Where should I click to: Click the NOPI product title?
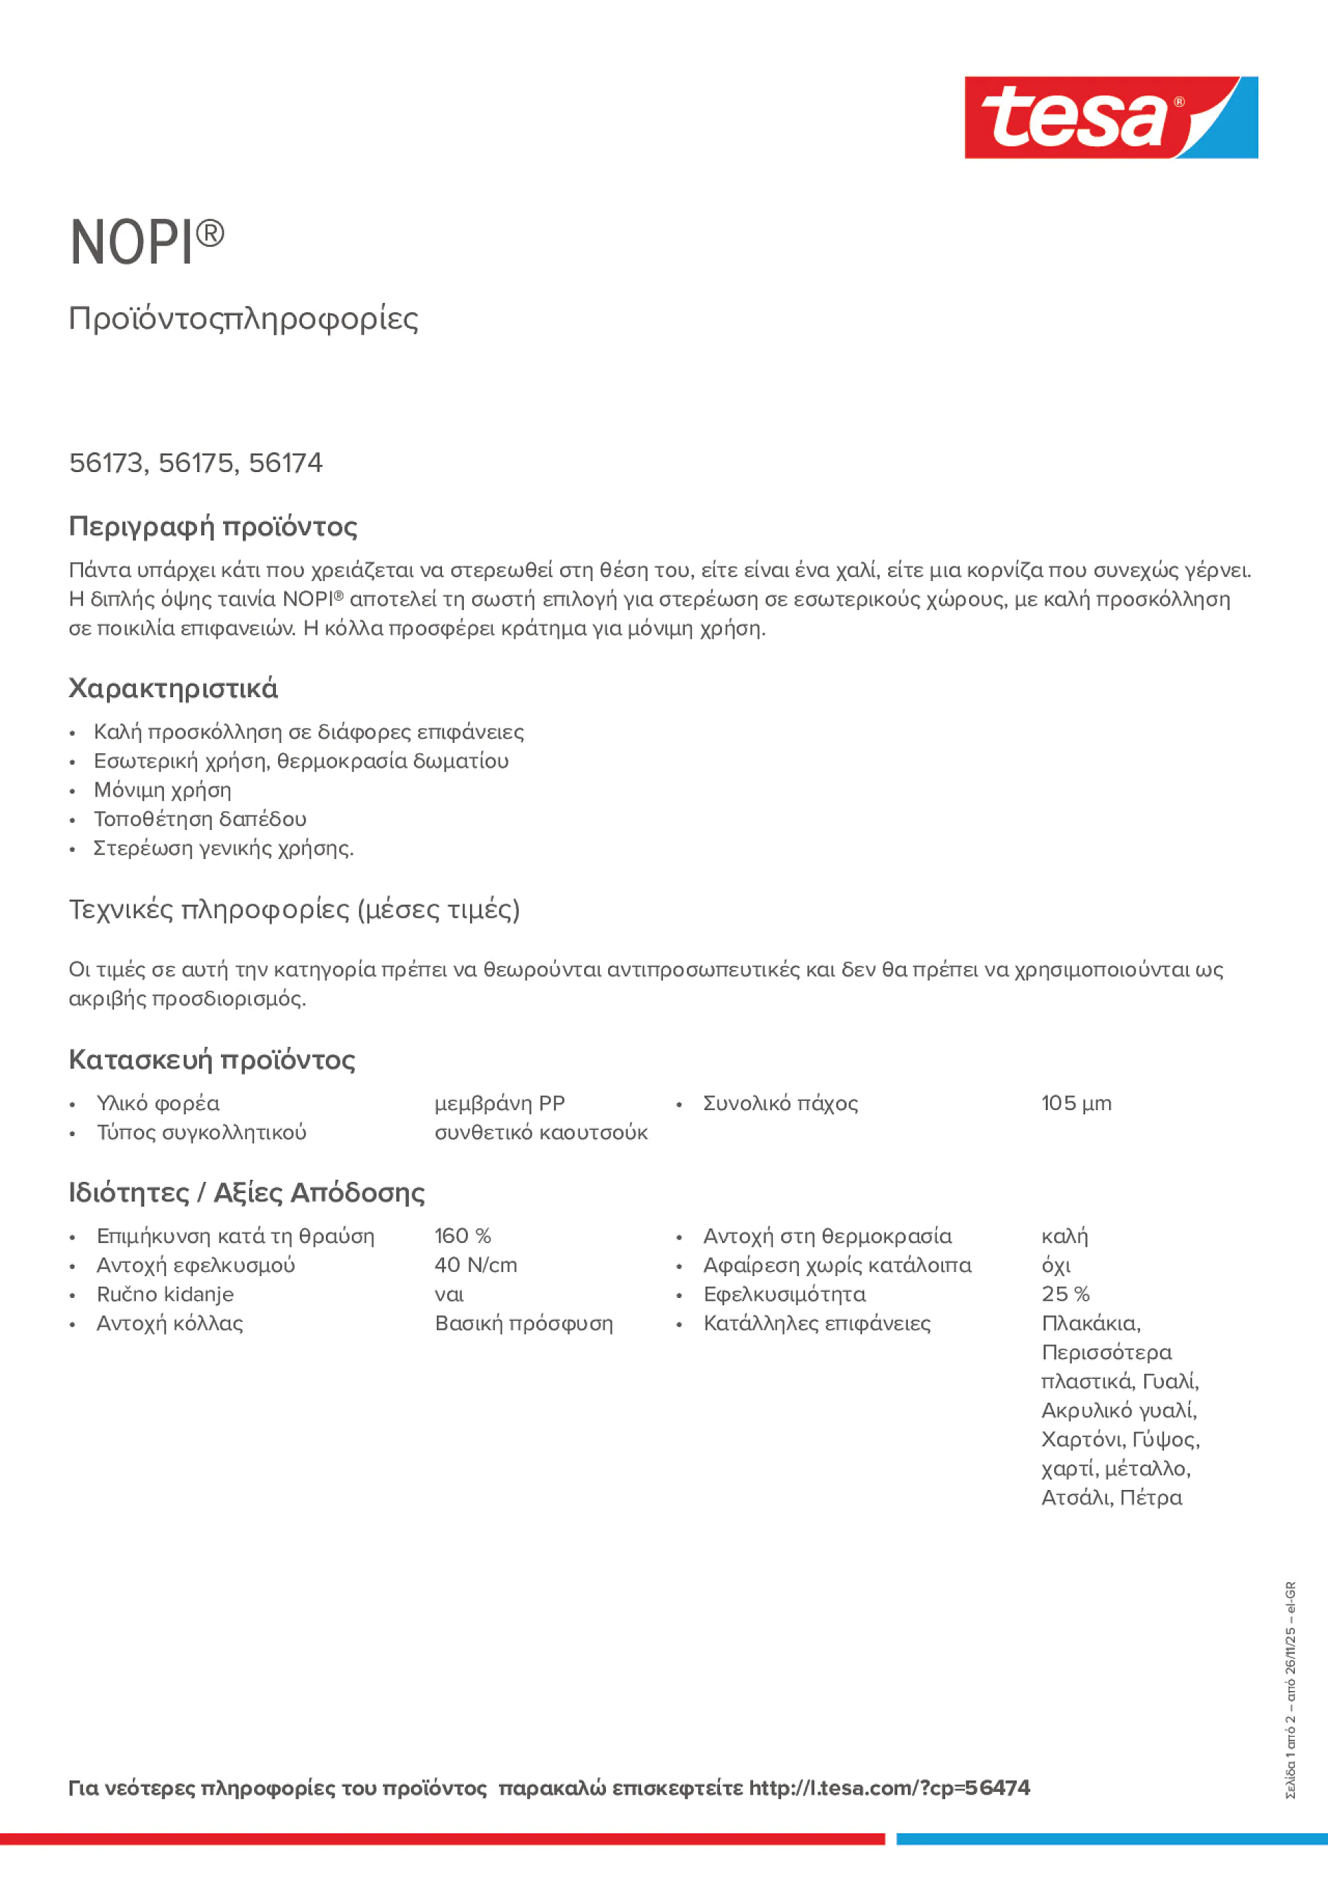pos(146,242)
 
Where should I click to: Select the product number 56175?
pos(196,463)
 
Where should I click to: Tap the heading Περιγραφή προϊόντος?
pos(213,526)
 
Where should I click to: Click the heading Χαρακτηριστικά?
pos(172,688)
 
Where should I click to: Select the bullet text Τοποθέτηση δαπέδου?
pos(200,819)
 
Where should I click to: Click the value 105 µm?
pos(1076,1103)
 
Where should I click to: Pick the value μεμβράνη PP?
pos(500,1103)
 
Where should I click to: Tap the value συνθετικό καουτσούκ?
pos(540,1133)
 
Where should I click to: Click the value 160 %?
pos(462,1236)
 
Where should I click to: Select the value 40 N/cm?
pos(476,1266)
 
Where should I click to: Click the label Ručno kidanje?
pos(165,1294)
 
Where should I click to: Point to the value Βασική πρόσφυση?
pos(523,1323)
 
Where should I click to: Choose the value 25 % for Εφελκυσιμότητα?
pos(1065,1294)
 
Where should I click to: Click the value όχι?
pos(1056,1266)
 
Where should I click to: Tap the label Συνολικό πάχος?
pos(780,1103)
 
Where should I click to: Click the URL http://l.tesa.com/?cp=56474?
pos(888,1788)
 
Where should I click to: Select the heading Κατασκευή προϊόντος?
pos(211,1060)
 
